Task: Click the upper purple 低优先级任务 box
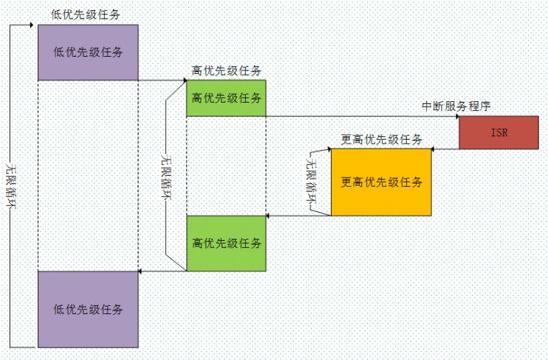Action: point(88,53)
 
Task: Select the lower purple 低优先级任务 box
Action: point(88,309)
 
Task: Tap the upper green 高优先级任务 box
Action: point(226,98)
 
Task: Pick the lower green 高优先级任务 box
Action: point(226,243)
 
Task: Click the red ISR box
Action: point(499,133)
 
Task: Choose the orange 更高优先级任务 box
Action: point(381,182)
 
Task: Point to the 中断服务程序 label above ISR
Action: point(456,106)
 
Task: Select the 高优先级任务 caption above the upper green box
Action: point(227,70)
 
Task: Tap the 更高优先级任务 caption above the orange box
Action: point(381,139)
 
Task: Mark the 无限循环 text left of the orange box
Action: point(312,181)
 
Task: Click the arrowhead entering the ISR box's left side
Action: point(456,116)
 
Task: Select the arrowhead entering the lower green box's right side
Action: point(269,216)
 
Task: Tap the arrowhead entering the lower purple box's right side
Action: point(141,271)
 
